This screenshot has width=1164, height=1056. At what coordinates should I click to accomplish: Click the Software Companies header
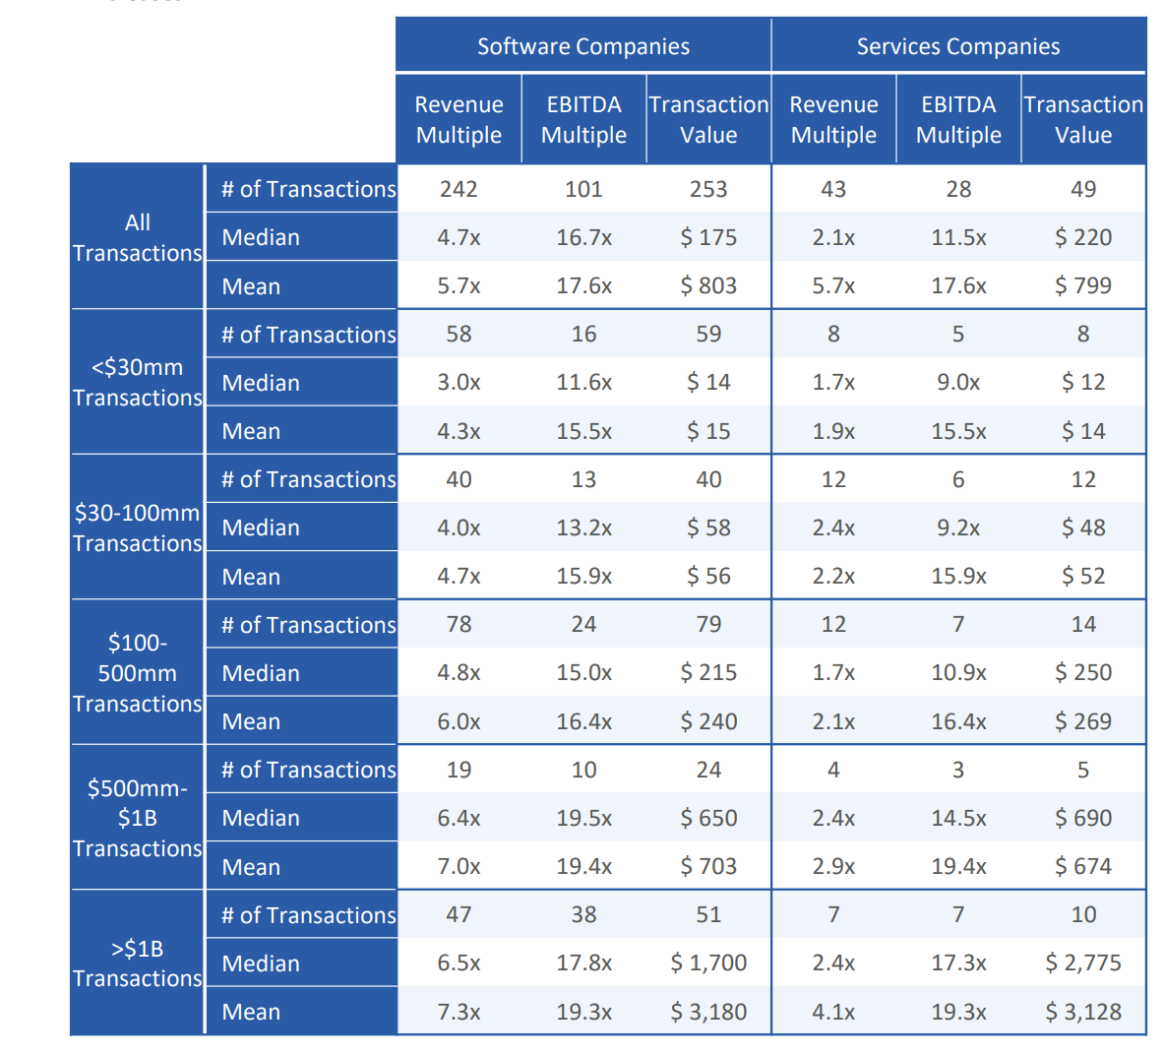583,46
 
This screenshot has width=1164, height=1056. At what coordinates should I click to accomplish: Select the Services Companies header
958,46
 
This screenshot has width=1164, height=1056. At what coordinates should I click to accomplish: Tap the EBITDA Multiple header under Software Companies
583,119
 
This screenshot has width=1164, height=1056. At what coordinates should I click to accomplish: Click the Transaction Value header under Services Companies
1083,119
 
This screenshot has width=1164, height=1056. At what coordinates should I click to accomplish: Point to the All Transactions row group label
138,237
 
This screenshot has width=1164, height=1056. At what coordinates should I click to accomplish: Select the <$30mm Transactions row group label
138,382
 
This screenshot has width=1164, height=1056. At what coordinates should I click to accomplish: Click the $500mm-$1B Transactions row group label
138,818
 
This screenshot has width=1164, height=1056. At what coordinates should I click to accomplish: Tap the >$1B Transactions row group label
138,963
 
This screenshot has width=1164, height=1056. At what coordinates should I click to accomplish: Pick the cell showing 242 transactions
459,189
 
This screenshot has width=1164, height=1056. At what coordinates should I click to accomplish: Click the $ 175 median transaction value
708,237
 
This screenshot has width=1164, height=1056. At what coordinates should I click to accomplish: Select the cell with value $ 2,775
1083,963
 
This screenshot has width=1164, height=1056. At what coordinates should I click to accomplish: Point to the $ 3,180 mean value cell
708,1012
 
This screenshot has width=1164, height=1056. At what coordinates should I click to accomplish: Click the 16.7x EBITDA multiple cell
583,237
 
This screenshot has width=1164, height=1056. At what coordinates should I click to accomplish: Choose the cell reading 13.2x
583,528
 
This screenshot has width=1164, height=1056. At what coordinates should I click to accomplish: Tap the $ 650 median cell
708,818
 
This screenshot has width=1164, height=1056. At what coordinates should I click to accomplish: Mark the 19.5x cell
583,818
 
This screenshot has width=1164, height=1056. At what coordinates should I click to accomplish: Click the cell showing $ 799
1083,285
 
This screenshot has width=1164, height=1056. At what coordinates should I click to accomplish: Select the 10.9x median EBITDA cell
958,672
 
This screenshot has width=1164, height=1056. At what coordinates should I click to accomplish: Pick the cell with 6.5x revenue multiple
459,963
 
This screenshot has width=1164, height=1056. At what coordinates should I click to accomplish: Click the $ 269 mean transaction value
1083,721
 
